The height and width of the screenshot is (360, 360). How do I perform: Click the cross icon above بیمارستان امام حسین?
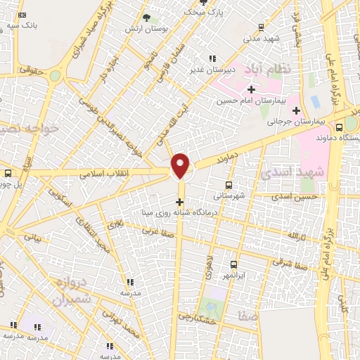[251, 89]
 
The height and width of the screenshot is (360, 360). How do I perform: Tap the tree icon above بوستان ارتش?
[147, 18]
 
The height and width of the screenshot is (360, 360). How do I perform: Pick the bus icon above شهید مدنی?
[261, 27]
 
